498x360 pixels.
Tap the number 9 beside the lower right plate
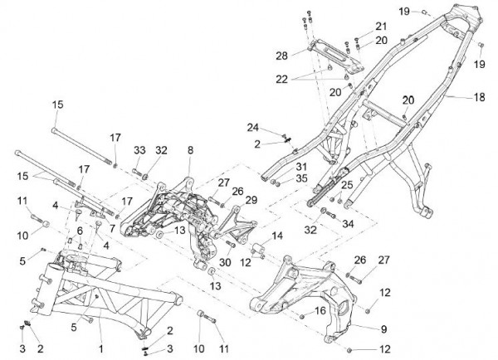(383, 328)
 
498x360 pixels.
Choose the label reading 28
(281, 56)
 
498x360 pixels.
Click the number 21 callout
(381, 26)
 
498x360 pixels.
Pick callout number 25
(346, 184)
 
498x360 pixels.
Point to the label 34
(347, 223)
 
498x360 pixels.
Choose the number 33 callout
(139, 150)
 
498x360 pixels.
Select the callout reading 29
(251, 200)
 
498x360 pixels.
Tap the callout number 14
(277, 236)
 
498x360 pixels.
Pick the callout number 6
(80, 230)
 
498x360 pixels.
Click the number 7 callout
(112, 228)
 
